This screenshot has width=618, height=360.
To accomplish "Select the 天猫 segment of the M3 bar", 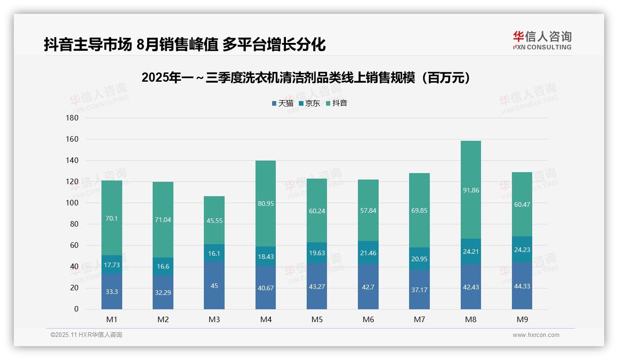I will [214, 286].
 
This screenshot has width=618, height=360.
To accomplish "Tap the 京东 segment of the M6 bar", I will [368, 252].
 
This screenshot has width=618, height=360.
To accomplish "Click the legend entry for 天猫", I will [282, 103].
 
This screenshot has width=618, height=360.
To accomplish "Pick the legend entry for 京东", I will [309, 103].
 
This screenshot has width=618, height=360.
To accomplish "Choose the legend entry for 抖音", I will [337, 103].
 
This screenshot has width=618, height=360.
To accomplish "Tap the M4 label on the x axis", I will [266, 319].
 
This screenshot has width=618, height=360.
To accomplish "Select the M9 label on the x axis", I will [522, 319].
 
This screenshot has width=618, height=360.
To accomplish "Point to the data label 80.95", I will [266, 204].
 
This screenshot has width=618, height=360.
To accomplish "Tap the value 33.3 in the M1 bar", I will [112, 292].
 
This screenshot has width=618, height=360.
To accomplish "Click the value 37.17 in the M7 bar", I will [419, 289].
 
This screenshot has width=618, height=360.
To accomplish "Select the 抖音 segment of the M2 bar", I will [163, 220].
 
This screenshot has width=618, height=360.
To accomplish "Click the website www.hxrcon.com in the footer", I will [536, 335].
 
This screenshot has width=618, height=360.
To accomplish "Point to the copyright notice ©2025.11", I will [86, 335].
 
